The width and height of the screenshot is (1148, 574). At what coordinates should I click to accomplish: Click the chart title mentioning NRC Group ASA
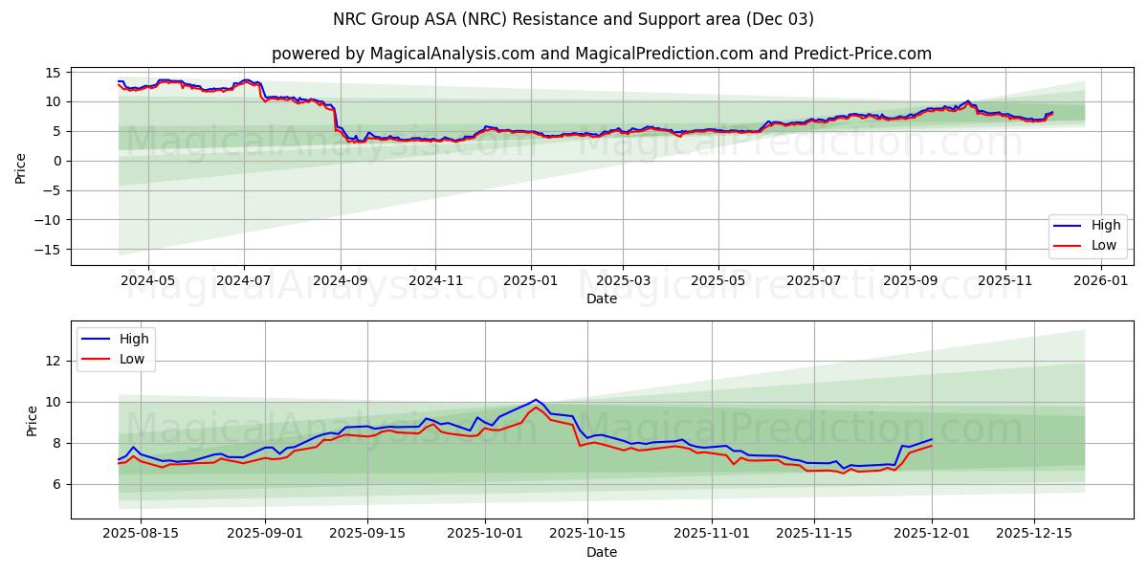(x=573, y=19)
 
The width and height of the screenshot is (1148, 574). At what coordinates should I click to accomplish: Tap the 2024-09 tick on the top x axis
(x=341, y=281)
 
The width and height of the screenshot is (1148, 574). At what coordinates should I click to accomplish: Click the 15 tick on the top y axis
(x=54, y=73)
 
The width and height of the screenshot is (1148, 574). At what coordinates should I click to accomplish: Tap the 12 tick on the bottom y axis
(x=54, y=361)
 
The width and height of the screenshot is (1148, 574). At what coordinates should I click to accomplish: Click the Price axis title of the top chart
(x=21, y=166)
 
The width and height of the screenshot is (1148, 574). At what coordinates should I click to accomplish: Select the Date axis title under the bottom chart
(x=601, y=552)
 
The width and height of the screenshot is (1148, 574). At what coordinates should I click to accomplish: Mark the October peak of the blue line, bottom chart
(x=536, y=399)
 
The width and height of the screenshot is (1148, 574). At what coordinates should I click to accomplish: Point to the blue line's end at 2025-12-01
(x=932, y=439)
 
